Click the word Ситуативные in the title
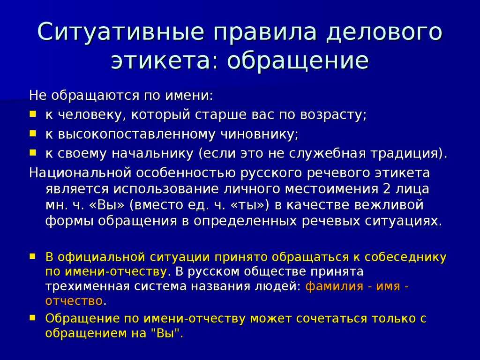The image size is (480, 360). point(120,32)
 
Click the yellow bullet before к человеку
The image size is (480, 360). point(33,114)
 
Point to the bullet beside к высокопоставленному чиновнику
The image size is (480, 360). point(33,133)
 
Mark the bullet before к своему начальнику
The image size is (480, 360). point(33,152)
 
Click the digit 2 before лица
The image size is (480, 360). point(387,189)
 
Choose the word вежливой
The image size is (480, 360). point(389,205)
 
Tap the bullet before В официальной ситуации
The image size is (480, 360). point(33,256)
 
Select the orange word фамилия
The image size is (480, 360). point(334,286)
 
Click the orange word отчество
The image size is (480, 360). point(74,301)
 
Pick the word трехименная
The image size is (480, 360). point(86,286)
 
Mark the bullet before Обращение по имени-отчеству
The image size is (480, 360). point(33,318)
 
